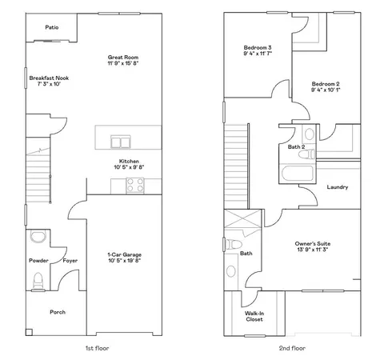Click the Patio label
pos(52,27)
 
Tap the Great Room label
pos(123,56)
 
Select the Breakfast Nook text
pos(50,78)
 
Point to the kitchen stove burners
pos(134,184)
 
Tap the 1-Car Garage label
pos(124,254)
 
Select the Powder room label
pos(38,261)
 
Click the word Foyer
pos(70,261)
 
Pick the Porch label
pos(58,312)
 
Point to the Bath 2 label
pos(296,147)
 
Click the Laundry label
pos(338,187)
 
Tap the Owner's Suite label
pos(314,243)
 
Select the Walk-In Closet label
pos(254,314)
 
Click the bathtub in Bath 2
pos(297,174)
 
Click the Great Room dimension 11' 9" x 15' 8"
pos(123,63)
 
